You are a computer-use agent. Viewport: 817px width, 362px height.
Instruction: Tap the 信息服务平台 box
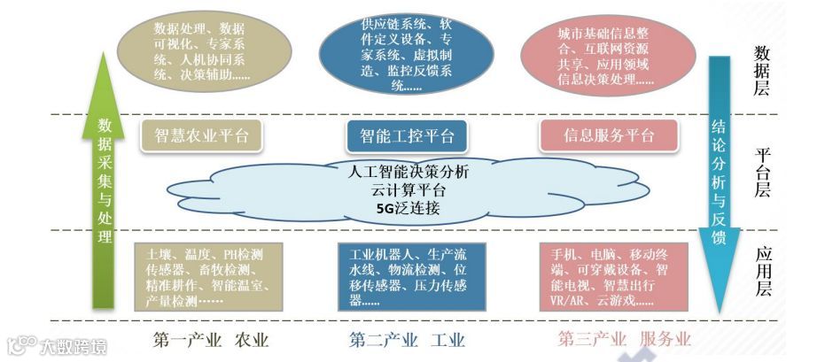(x=609, y=135)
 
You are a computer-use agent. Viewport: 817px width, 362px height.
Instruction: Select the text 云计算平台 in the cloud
(x=408, y=190)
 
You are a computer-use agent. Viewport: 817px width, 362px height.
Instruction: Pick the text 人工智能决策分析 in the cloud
(x=408, y=172)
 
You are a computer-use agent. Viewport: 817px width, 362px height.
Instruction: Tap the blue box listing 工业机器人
(x=407, y=274)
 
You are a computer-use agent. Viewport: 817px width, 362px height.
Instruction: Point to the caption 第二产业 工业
(x=407, y=340)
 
